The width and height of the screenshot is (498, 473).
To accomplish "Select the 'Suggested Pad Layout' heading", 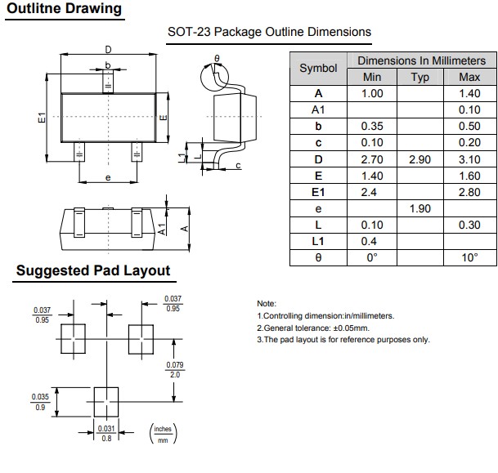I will (92, 270).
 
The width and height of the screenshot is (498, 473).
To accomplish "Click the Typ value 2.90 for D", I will (419, 158).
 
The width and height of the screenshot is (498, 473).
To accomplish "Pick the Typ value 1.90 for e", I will (419, 208).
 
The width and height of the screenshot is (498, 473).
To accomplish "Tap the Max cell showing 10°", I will (469, 257).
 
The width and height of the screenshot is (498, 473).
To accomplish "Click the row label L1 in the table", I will (318, 241).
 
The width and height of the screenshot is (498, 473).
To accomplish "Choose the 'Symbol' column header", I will (318, 69).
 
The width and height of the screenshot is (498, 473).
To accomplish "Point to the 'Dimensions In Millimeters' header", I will (421, 60).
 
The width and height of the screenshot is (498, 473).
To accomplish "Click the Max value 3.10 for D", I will (469, 158).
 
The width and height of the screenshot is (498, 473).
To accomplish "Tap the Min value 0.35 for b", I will (371, 126).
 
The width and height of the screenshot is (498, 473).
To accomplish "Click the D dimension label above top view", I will (109, 50).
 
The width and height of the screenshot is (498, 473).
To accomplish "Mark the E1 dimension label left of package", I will (42, 118).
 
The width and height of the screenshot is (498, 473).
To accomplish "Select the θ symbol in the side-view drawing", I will (217, 59).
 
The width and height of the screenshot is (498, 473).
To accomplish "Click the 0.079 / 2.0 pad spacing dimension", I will (173, 369).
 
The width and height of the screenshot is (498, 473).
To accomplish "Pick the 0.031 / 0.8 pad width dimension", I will (106, 433).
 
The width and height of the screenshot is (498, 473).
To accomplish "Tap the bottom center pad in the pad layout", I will (106, 399).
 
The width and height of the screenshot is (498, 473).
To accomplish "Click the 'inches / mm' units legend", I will (164, 434).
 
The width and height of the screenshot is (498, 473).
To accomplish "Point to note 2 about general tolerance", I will (313, 328).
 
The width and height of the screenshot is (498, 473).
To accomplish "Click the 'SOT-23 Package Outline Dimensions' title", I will (269, 33).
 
